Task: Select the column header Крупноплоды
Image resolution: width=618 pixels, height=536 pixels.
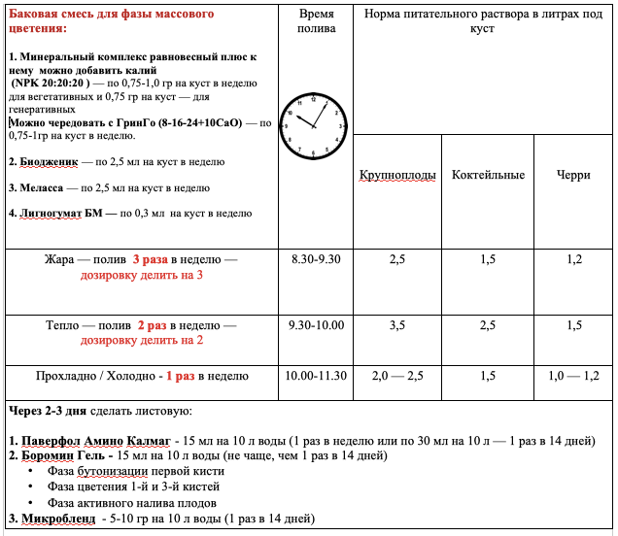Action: point(396,175)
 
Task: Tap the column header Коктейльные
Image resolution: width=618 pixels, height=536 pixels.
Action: point(488,175)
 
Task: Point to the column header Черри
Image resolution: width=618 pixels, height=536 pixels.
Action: point(574,175)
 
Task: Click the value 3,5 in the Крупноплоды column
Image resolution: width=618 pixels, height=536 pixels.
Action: point(396,325)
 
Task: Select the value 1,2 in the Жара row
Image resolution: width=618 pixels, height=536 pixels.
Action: point(574,260)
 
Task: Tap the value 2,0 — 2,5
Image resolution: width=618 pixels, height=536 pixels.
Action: point(396,376)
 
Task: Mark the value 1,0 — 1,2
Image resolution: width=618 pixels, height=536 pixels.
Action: point(574,376)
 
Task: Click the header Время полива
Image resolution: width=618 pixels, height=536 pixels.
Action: point(314,22)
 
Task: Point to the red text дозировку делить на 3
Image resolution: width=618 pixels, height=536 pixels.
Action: point(142,276)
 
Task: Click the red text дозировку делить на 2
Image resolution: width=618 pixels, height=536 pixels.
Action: point(142,341)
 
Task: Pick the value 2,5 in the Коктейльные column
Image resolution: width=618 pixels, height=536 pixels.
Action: point(488,325)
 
